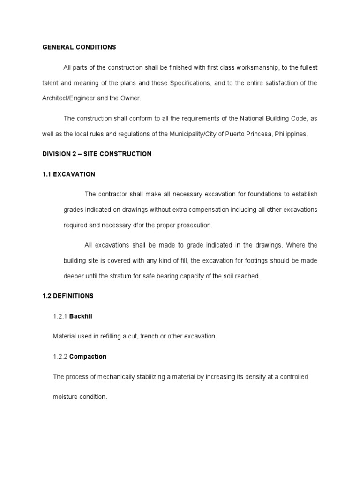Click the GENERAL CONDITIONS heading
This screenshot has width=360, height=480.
79,47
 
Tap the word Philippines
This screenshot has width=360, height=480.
291,134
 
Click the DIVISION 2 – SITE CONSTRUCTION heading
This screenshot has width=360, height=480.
97,154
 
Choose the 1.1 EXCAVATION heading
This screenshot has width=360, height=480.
69,174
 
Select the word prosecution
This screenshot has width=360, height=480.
193,225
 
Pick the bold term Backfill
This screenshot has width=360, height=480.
81,316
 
